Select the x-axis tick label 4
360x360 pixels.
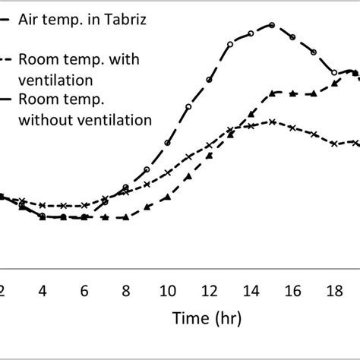[x=43, y=291]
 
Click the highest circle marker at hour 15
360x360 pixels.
[x=271, y=25]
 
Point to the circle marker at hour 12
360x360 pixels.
[x=210, y=80]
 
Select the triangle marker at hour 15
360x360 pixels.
[x=271, y=93]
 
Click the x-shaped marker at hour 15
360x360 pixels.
[x=271, y=122]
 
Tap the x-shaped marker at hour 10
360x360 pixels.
[x=168, y=174]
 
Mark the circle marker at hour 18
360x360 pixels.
[x=333, y=73]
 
